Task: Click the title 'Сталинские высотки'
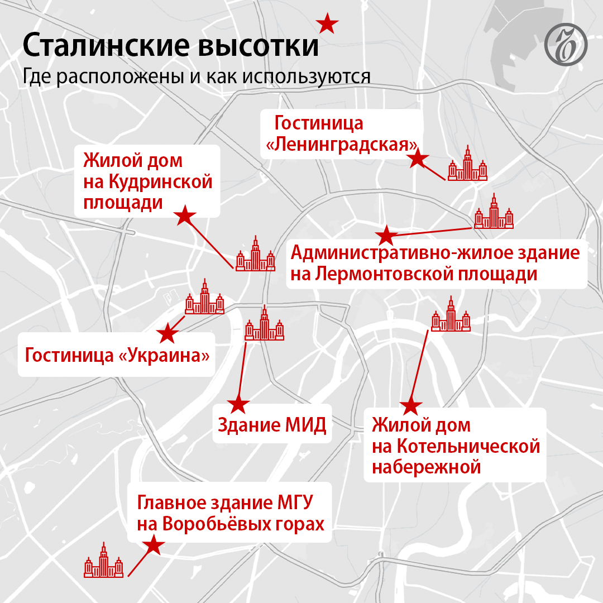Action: tap(171, 46)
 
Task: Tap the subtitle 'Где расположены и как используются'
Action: tap(197, 76)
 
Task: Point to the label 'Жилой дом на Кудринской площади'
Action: tap(148, 181)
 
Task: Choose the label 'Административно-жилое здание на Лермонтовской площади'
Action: tap(435, 264)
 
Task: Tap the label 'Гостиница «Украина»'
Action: tap(117, 355)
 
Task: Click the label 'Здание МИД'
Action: tap(271, 426)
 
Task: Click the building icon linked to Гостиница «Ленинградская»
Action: tap(468, 164)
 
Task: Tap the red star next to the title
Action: tap(327, 23)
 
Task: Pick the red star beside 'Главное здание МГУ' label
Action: tap(152, 545)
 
